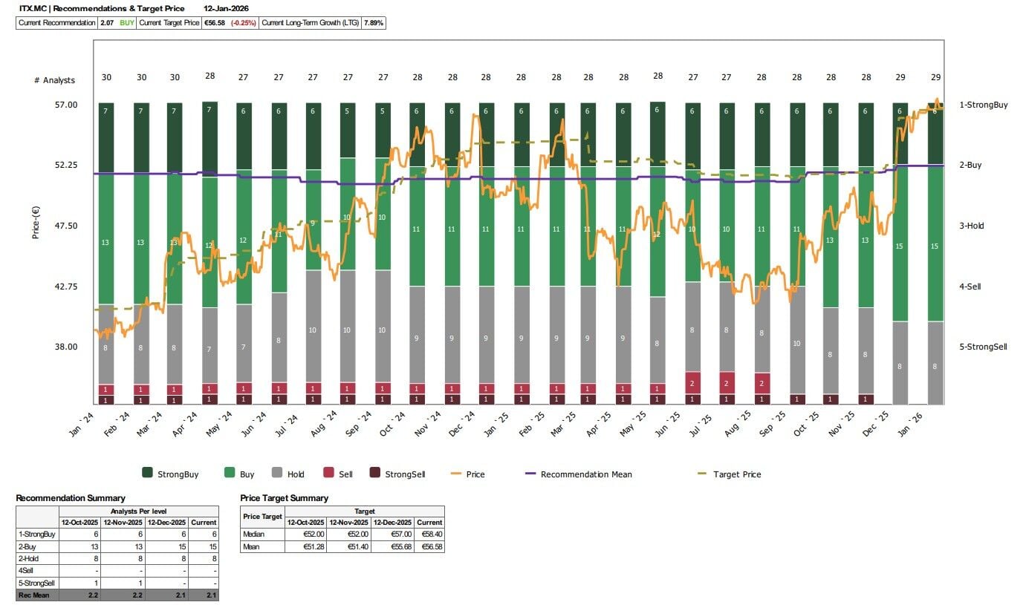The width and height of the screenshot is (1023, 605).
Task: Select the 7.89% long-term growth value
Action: (x=374, y=23)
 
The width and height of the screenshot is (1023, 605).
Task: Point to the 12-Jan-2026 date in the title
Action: (x=227, y=8)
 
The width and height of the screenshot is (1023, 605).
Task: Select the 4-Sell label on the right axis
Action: (x=970, y=287)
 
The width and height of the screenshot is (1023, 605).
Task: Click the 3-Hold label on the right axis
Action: (x=972, y=226)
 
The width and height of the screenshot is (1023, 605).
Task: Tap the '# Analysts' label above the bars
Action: (x=54, y=80)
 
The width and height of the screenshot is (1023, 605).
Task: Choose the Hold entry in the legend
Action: (x=295, y=474)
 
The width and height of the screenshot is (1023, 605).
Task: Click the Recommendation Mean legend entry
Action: (x=586, y=474)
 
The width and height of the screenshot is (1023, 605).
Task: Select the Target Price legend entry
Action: (x=737, y=474)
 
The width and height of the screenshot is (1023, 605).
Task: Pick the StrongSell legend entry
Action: (x=404, y=474)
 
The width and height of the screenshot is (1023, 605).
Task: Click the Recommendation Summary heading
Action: (x=71, y=498)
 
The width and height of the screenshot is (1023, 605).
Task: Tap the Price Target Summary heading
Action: (x=285, y=498)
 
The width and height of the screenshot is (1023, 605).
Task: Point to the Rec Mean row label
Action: (x=30, y=595)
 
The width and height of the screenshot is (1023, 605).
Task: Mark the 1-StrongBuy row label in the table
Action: (x=36, y=534)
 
